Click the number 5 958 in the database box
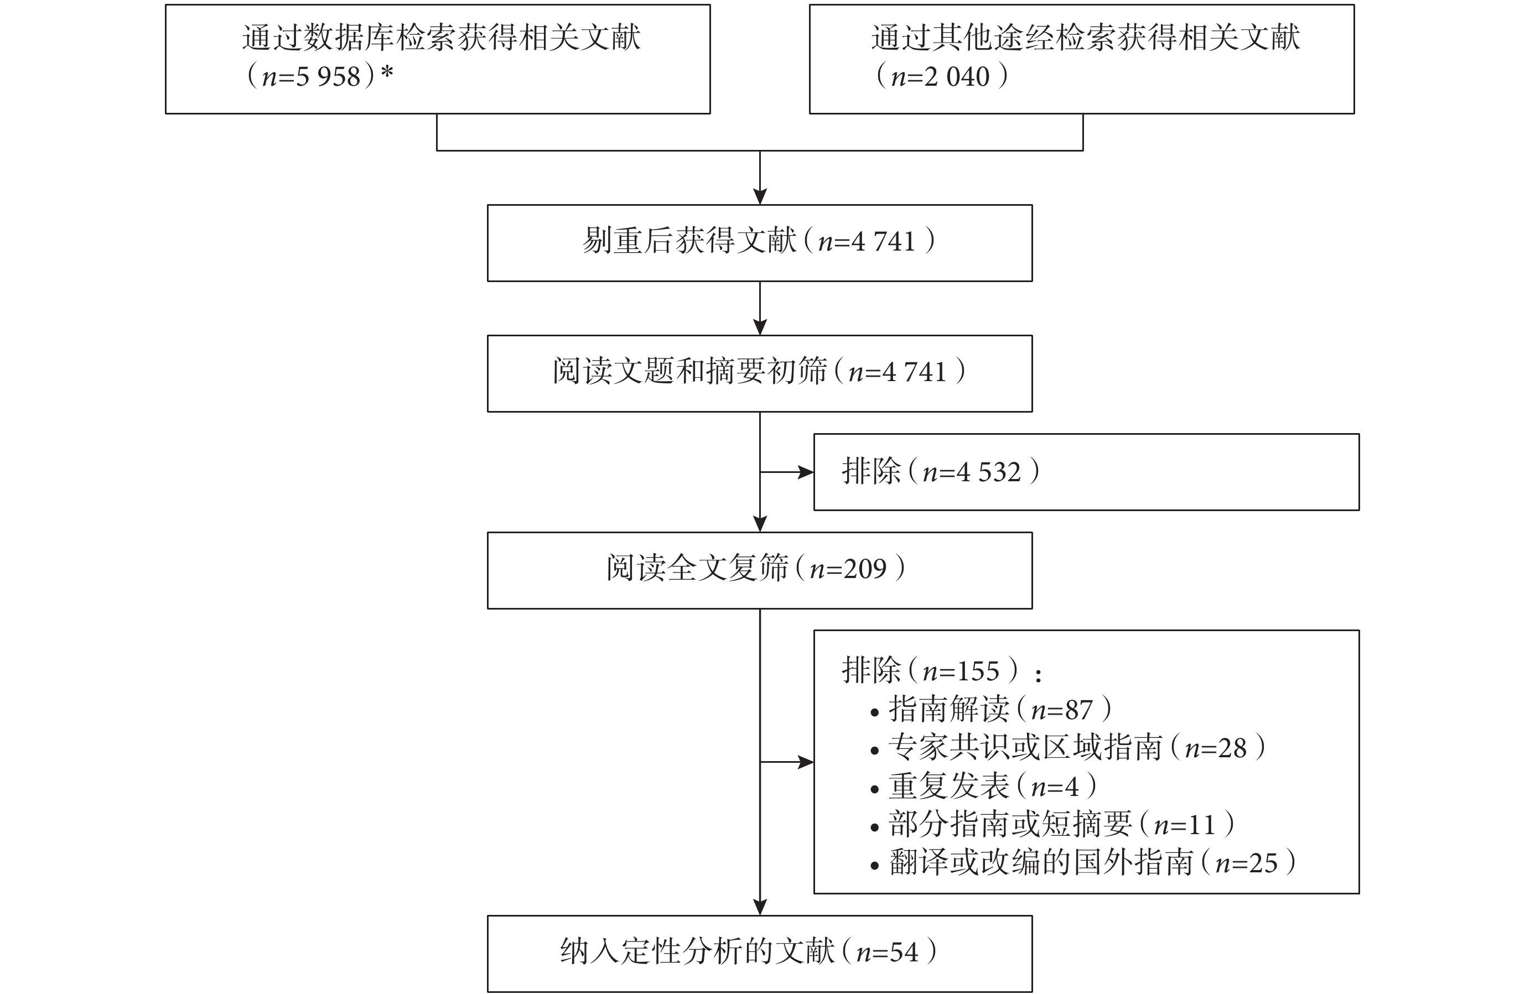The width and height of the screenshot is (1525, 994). click(328, 77)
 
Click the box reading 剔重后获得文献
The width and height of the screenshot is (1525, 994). click(759, 243)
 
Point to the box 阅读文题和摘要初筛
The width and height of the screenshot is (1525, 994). click(759, 373)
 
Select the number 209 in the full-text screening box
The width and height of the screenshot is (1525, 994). click(865, 569)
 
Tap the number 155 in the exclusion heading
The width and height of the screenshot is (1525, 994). click(978, 671)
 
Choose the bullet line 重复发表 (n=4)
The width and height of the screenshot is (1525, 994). click(984, 786)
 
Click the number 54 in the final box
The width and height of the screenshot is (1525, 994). click(904, 953)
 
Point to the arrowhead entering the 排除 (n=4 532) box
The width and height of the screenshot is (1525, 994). click(806, 472)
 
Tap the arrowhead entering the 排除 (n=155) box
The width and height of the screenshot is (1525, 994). click(806, 762)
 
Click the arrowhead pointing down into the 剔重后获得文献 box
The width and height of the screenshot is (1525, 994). click(760, 196)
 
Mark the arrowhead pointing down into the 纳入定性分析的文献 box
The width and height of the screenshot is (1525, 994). click(760, 908)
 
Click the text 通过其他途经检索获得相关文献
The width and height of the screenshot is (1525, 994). click(1086, 37)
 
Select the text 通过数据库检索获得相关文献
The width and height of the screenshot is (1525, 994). click(442, 37)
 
